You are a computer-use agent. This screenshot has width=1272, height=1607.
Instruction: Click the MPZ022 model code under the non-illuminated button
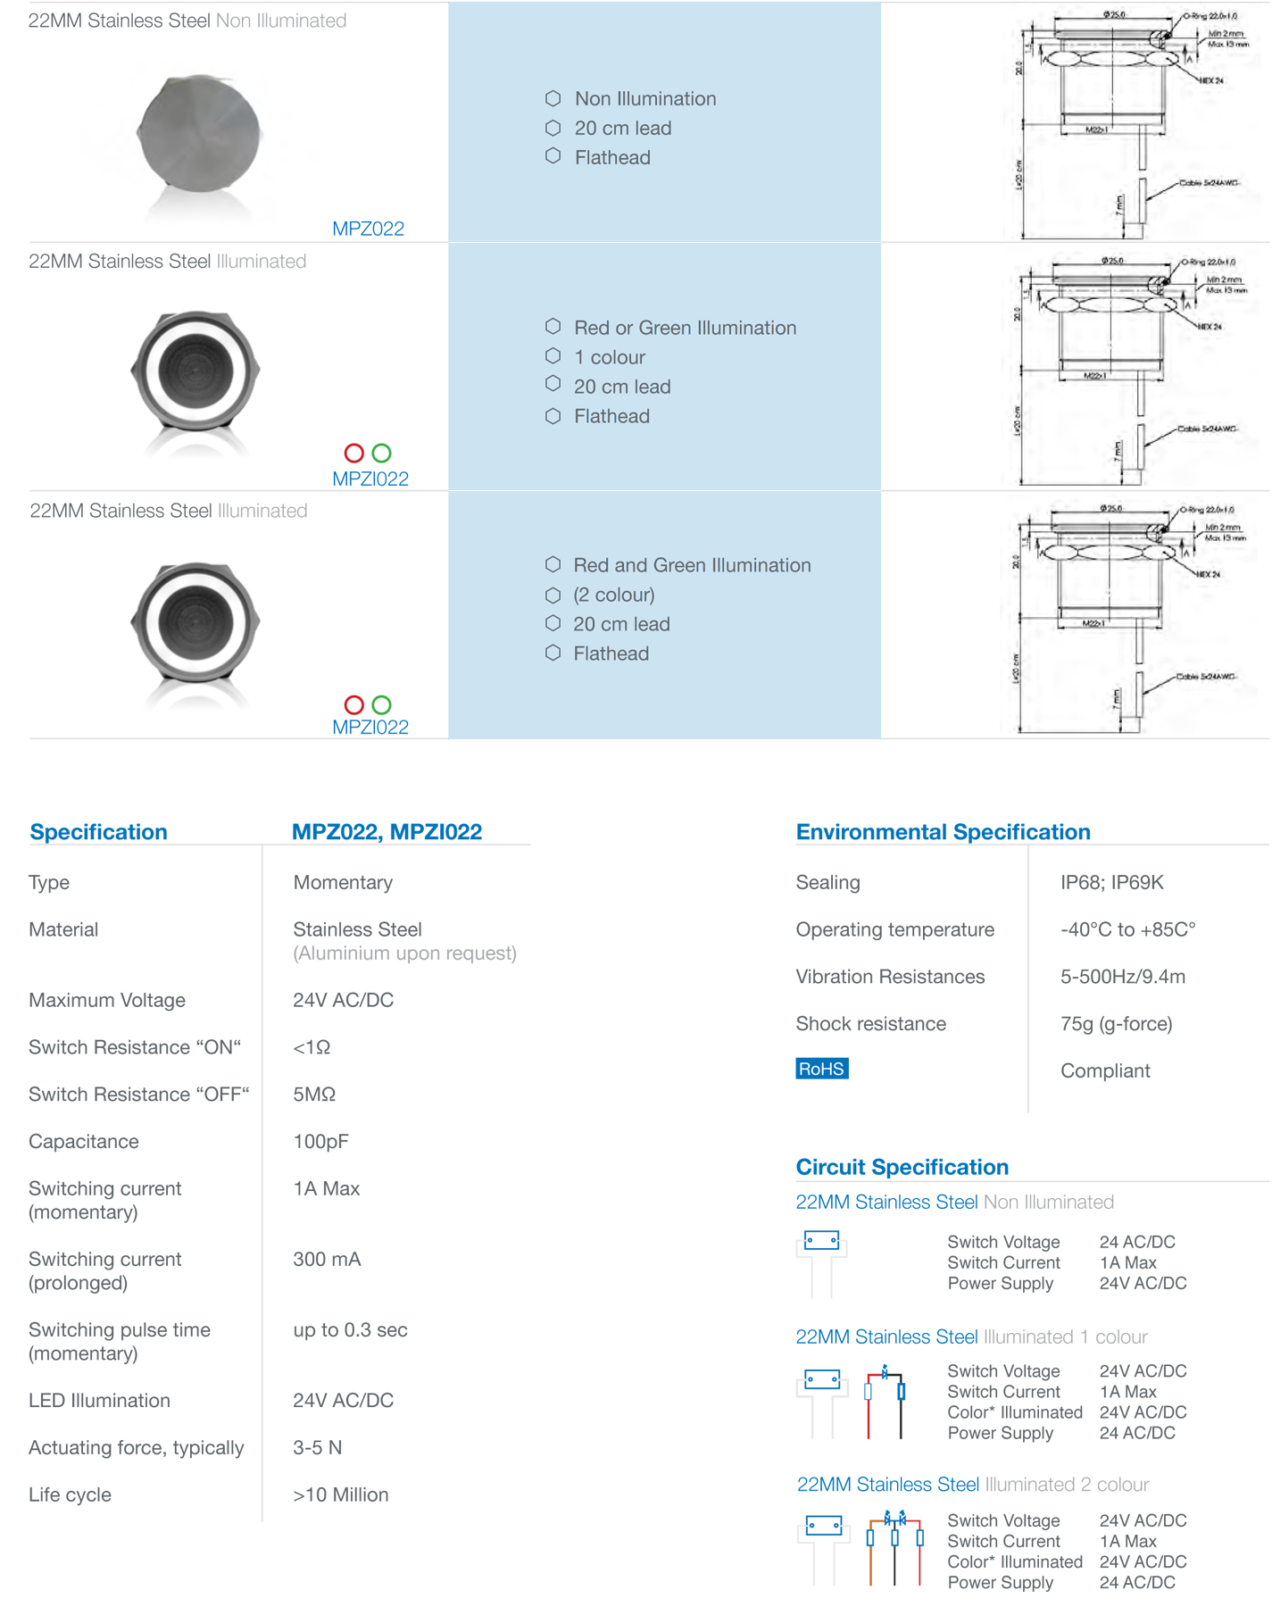coord(368,229)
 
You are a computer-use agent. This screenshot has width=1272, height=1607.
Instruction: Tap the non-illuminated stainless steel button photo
coord(198,135)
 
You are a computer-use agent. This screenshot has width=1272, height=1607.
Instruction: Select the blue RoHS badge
coord(821,1069)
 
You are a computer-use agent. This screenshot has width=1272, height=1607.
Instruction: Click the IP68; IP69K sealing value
coord(1111,882)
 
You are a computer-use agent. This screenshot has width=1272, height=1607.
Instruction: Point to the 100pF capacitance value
coord(320,1141)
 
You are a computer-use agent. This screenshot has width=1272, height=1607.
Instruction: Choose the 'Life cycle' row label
coord(70,1495)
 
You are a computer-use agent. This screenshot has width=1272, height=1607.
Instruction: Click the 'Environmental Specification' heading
coord(943,832)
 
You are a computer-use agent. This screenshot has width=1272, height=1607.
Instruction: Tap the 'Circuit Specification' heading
coord(902,1167)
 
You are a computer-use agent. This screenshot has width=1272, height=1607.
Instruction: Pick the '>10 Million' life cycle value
coord(340,1495)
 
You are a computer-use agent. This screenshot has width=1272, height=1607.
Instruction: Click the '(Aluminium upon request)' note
coord(404,953)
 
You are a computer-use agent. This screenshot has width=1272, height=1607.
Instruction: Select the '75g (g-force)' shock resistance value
coord(1116,1023)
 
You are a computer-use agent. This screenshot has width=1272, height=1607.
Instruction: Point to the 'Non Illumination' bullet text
coord(644,99)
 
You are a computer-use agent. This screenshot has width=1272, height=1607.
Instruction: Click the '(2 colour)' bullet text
coord(613,595)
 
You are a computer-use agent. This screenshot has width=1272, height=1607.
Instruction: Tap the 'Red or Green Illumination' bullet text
coord(685,328)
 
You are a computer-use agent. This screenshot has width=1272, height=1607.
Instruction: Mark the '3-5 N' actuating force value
coord(317,1447)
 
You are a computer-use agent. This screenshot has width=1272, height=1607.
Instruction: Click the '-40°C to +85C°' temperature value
coord(1127,929)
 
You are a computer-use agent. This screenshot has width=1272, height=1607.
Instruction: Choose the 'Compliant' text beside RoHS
coord(1105,1070)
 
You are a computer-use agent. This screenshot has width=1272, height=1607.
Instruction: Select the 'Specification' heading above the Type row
coord(98,832)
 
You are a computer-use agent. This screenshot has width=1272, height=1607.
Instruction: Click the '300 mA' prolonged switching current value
coord(327,1259)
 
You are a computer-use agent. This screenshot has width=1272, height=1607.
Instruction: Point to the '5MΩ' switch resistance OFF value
coord(313,1095)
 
